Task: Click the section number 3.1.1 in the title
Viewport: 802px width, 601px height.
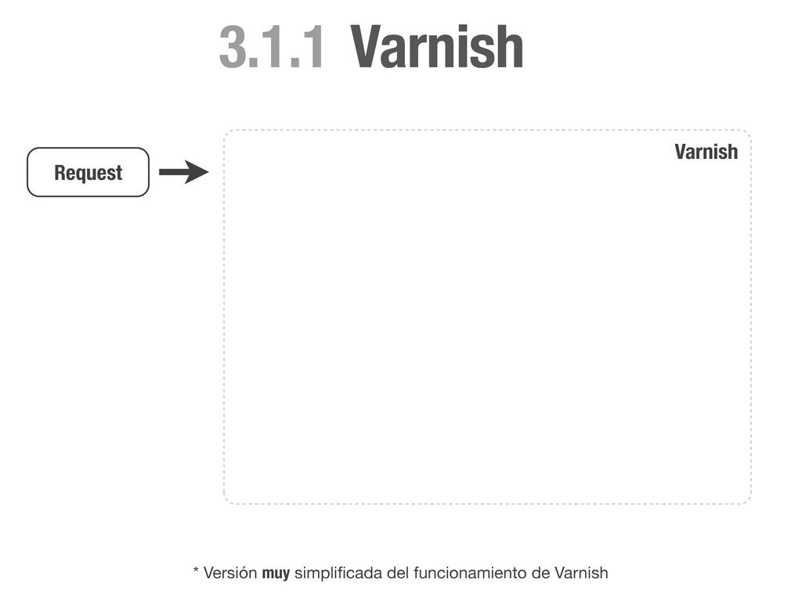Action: pyautogui.click(x=270, y=48)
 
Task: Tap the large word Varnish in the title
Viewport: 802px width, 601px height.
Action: pyautogui.click(x=436, y=48)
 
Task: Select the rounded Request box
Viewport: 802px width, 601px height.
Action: pyautogui.click(x=88, y=172)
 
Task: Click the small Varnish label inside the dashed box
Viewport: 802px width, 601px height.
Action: pyautogui.click(x=706, y=152)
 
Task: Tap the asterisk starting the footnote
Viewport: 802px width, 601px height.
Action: pyautogui.click(x=196, y=571)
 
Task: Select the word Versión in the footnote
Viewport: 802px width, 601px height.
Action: pyautogui.click(x=230, y=574)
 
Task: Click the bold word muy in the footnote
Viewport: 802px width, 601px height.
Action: pyautogui.click(x=276, y=574)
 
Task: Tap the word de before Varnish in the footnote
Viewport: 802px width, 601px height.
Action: pyautogui.click(x=540, y=574)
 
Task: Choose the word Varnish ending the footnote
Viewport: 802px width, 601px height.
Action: pyautogui.click(x=580, y=574)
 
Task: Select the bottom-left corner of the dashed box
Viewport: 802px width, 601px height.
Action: pyautogui.click(x=226, y=501)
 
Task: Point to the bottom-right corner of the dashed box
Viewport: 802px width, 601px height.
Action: pyautogui.click(x=749, y=501)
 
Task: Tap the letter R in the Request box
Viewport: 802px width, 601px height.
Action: pyautogui.click(x=60, y=172)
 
